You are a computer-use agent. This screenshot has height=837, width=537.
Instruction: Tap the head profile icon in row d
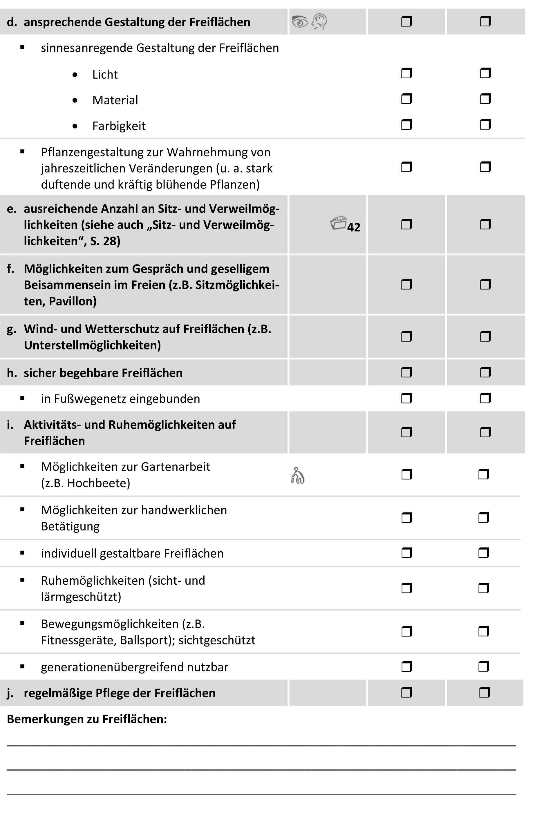pos(319,22)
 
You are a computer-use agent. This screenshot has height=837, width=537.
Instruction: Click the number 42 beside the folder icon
pos(354,227)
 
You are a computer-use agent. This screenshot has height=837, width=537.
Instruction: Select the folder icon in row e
pos(338,223)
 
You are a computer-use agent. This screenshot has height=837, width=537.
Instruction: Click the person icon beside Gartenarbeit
pos(297,476)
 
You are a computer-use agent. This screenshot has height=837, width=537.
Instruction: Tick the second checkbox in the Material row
pos(485,99)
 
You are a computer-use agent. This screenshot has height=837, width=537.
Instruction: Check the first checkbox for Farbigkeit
pos(406,125)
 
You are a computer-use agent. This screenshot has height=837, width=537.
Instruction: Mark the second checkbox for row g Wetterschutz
pos(485,337)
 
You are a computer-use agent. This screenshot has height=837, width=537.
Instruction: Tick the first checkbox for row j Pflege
pos(406,693)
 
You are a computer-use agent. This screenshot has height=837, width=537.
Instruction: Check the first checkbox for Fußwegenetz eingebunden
pos(406,398)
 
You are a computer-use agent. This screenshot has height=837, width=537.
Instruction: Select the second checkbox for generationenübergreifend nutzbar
pos(484,667)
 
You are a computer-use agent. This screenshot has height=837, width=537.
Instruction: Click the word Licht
pos(105,75)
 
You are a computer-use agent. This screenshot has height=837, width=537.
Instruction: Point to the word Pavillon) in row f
pos(73,301)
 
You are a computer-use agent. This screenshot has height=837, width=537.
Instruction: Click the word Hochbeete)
pos(99,483)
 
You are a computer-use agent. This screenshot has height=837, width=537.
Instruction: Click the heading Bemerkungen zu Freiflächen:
pos(87,719)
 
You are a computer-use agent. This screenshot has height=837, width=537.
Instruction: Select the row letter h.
pos(12,373)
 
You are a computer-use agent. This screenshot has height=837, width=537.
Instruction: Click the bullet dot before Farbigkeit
pos(75,126)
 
